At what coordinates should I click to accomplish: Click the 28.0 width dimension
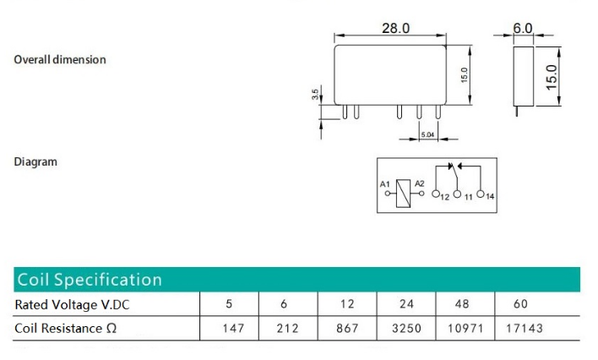tap(394, 28)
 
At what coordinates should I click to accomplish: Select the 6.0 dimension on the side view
tap(523, 28)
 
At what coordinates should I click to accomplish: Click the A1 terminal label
tap(385, 183)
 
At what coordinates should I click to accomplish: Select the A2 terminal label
tap(420, 183)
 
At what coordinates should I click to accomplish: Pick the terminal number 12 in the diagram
tap(445, 197)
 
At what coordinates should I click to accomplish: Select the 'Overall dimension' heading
tap(60, 60)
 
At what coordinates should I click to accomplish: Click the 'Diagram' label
tap(35, 161)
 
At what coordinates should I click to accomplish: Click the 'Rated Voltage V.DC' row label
tap(73, 304)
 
